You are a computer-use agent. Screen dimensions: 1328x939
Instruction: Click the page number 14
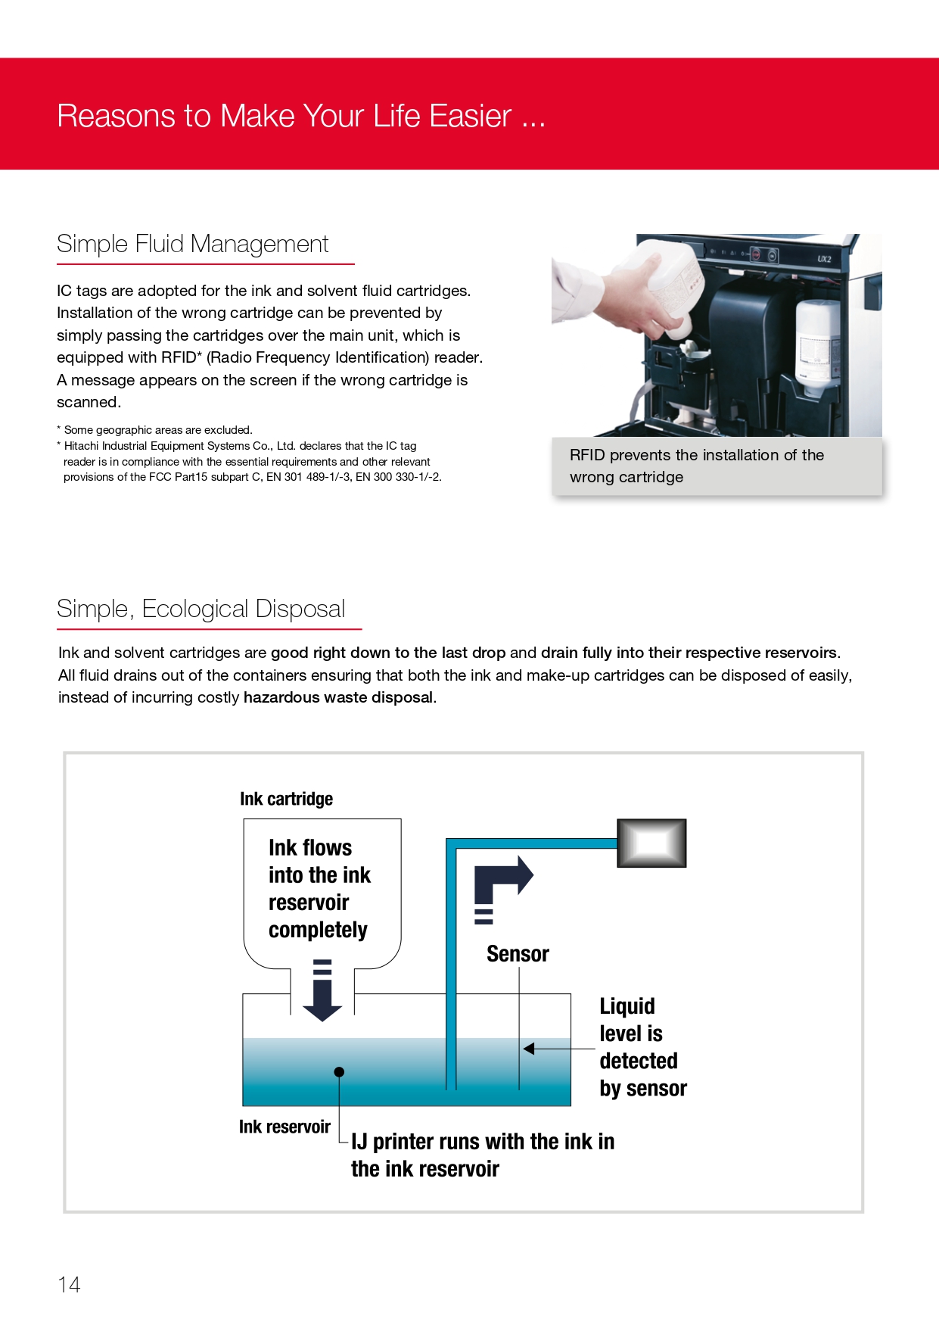pyautogui.click(x=69, y=1284)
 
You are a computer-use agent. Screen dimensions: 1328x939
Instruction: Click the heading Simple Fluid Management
pyautogui.click(x=192, y=244)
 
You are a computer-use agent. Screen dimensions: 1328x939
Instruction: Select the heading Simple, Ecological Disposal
pyautogui.click(x=201, y=609)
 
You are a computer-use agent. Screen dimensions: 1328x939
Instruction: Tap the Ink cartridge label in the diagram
pyautogui.click(x=286, y=799)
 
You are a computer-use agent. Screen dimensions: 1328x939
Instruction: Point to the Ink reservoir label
pyautogui.click(x=284, y=1127)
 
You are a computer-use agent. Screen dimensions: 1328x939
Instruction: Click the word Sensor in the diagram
pyautogui.click(x=518, y=954)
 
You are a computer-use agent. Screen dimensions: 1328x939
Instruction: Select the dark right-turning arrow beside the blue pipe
pyautogui.click(x=502, y=883)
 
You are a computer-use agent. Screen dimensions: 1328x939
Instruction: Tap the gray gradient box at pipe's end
pyautogui.click(x=651, y=843)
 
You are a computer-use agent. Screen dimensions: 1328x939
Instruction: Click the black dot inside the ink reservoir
pyautogui.click(x=339, y=1071)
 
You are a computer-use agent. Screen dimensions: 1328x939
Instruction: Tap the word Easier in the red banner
pyautogui.click(x=471, y=116)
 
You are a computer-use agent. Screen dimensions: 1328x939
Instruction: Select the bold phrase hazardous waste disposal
pyautogui.click(x=338, y=697)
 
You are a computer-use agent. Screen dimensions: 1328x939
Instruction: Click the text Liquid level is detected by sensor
pyautogui.click(x=642, y=1047)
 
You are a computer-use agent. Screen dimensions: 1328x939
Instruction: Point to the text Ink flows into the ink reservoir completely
pyautogui.click(x=319, y=888)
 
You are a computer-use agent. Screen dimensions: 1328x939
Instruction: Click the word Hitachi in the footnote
pyautogui.click(x=82, y=446)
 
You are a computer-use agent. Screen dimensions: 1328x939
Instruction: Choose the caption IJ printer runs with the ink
pyautogui.click(x=482, y=1155)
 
